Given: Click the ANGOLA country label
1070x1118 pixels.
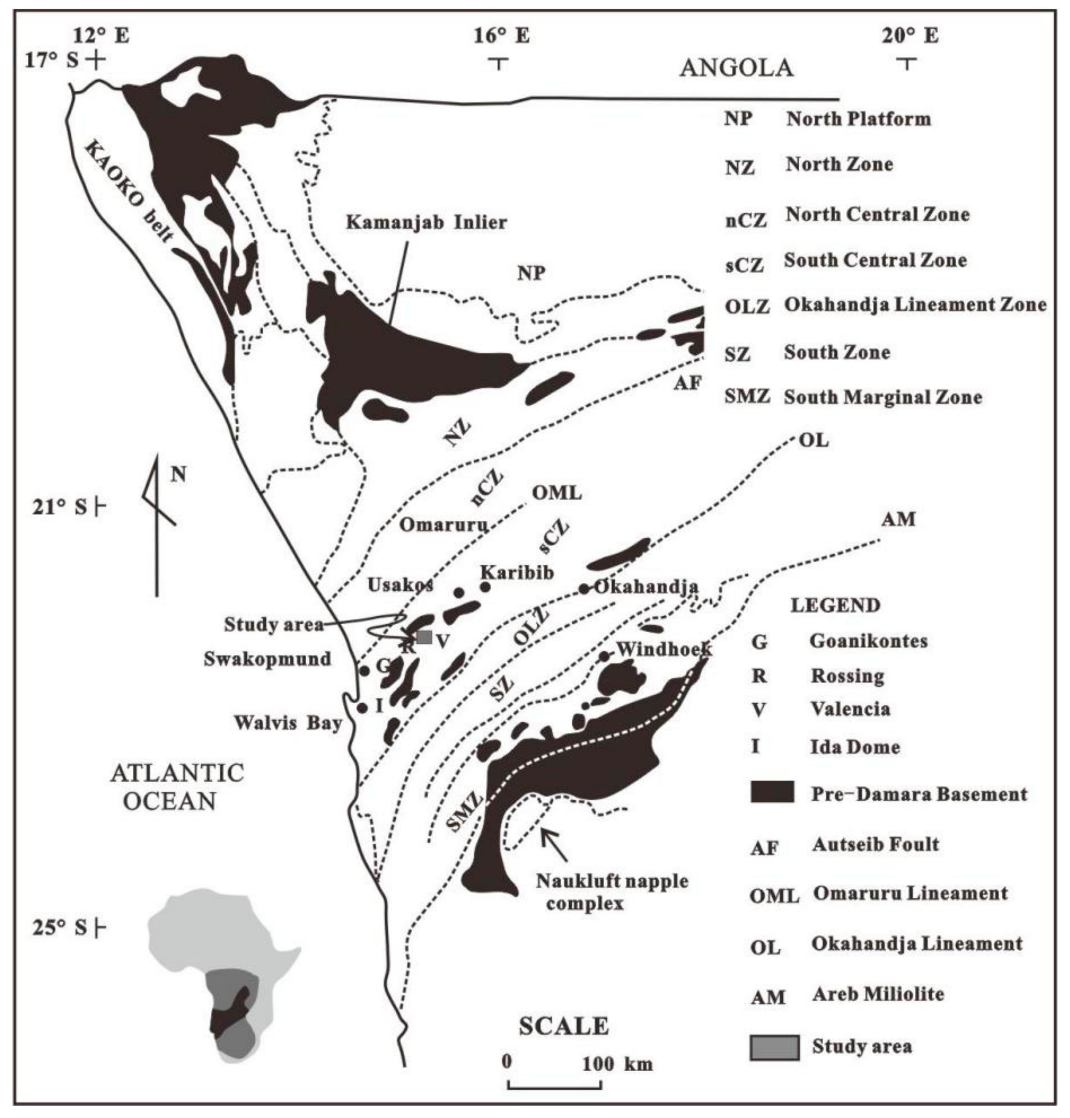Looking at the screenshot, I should (736, 68).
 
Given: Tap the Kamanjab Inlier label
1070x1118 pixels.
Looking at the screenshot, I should (427, 222).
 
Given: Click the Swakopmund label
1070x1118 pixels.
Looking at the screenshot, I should (267, 659).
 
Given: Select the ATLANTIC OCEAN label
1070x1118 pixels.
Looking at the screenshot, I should (177, 787).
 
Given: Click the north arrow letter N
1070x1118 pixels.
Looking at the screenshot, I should (178, 474).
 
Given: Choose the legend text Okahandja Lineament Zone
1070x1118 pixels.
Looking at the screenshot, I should (915, 305).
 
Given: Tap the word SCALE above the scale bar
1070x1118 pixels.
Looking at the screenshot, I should (563, 1026).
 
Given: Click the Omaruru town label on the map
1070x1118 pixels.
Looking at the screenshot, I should (443, 524).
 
